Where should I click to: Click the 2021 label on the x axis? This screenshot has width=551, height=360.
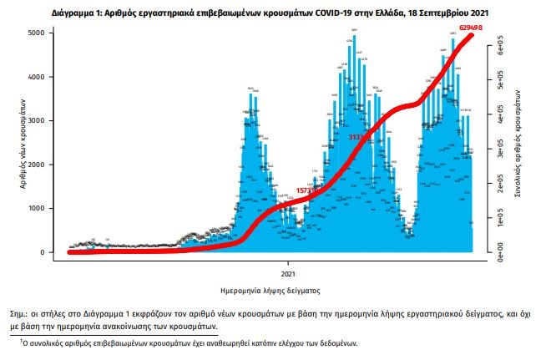click(x=287, y=272)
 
